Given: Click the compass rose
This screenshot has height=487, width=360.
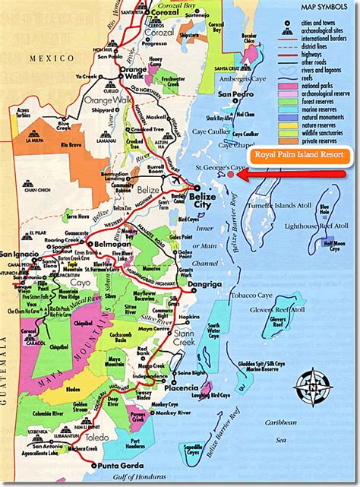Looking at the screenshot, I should [310, 381].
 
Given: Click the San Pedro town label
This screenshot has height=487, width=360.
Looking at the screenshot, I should [233, 95].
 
